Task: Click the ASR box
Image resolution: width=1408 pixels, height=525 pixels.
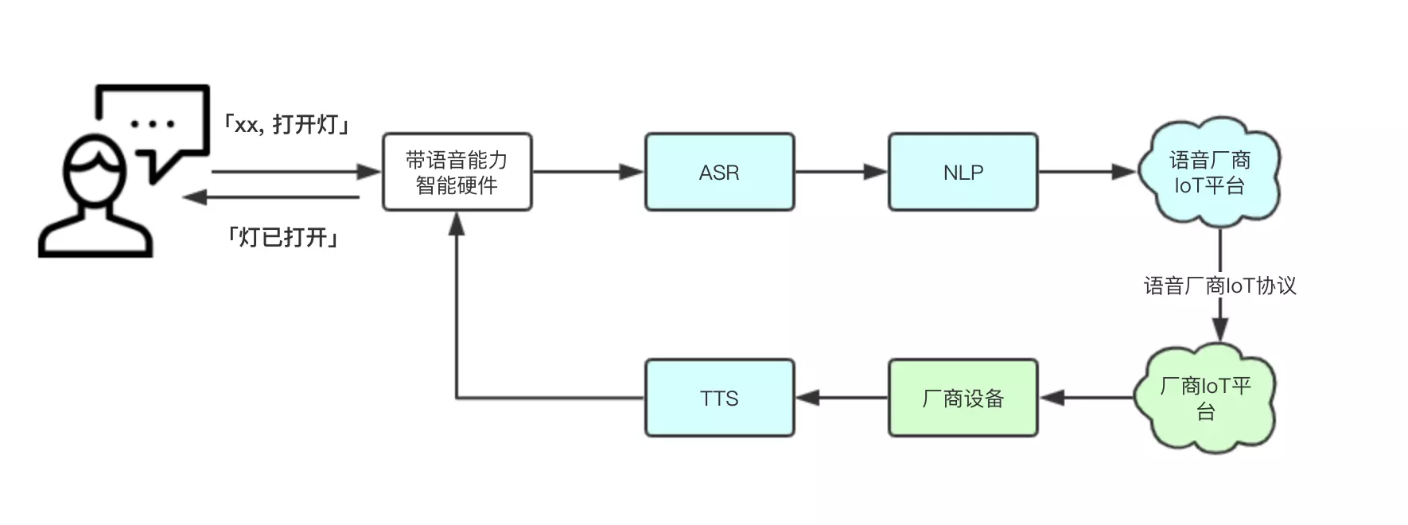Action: pyautogui.click(x=719, y=172)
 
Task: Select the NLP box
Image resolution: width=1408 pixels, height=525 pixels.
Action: pyautogui.click(x=963, y=172)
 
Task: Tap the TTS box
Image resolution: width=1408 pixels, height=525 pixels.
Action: pyautogui.click(x=719, y=398)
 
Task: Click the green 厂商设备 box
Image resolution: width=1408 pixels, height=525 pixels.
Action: pyautogui.click(x=963, y=398)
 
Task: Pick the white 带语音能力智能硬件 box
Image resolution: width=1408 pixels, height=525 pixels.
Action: pyautogui.click(x=457, y=172)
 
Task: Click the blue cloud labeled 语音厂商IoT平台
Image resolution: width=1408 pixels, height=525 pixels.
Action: pyautogui.click(x=1208, y=173)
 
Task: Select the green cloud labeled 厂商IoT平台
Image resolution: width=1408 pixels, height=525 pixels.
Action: pyautogui.click(x=1205, y=398)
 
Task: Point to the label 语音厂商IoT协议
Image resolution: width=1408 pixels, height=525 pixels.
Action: pyautogui.click(x=1219, y=286)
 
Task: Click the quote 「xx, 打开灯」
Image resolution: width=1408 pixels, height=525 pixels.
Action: pyautogui.click(x=286, y=125)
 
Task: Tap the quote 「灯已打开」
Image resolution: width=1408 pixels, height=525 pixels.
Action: pyautogui.click(x=283, y=237)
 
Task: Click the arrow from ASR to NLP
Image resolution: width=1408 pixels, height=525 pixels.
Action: pyautogui.click(x=841, y=172)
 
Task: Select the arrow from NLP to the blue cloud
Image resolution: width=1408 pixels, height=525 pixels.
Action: pyautogui.click(x=1087, y=172)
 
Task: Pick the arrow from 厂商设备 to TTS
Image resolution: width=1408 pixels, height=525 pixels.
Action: pyautogui.click(x=842, y=398)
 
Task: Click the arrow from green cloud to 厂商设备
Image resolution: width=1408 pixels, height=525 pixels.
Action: pyautogui.click(x=1087, y=398)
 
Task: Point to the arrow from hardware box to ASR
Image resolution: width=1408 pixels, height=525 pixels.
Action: pyautogui.click(x=588, y=172)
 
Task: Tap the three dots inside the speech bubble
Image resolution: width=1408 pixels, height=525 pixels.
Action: pyautogui.click(x=152, y=124)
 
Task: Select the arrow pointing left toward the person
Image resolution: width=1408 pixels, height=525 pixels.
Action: pyautogui.click(x=271, y=197)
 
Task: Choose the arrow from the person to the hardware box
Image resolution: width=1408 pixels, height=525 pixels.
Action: pyautogui.click(x=297, y=172)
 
